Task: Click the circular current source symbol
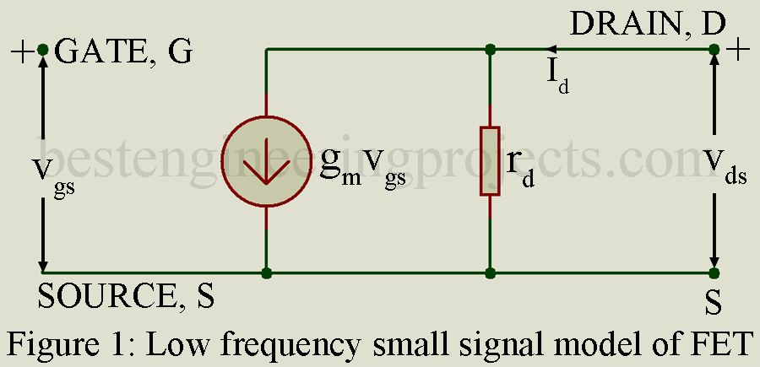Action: point(266,161)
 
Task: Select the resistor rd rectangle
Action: point(490,161)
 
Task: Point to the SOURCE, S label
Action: point(126,295)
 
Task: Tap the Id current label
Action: point(557,78)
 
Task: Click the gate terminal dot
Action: point(43,50)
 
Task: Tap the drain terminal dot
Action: point(714,50)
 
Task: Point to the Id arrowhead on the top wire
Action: point(551,50)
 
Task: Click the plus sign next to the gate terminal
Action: point(22,51)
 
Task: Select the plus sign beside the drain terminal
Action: point(738,51)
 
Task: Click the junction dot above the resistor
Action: point(490,50)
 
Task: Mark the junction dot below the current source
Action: point(266,273)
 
